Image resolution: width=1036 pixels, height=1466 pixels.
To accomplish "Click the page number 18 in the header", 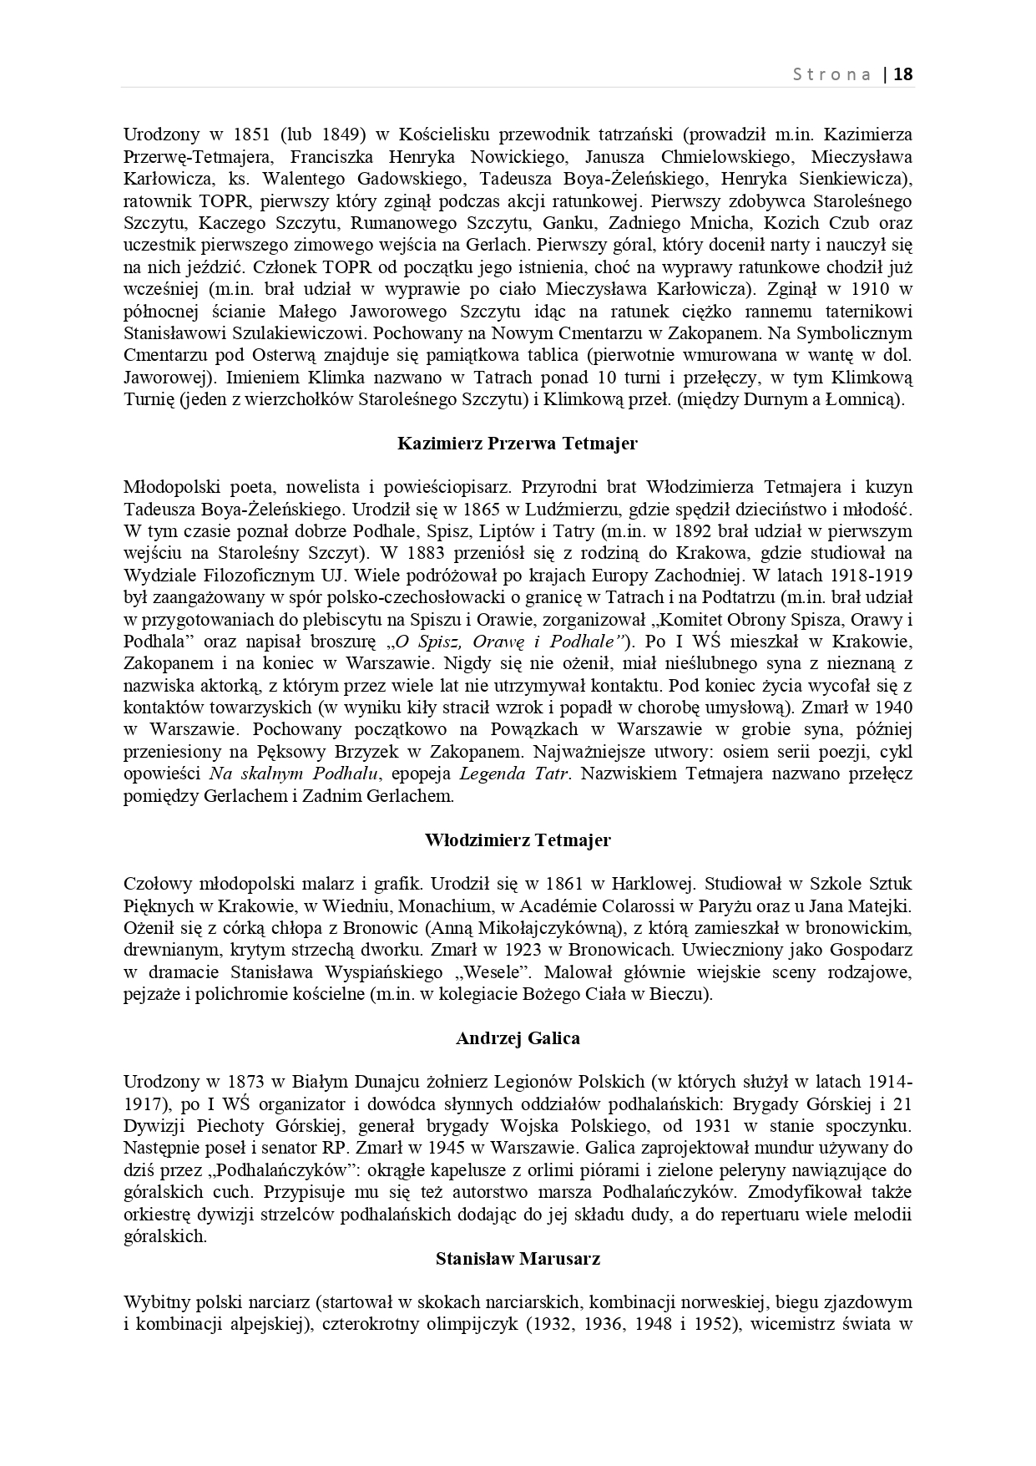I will coord(904,74).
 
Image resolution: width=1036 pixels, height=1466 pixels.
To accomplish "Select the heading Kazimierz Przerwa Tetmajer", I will coord(518,444).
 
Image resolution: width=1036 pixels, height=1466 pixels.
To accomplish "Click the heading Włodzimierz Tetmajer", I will coord(518,840).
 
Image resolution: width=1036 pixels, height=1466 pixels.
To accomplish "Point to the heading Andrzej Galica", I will coord(518,1038).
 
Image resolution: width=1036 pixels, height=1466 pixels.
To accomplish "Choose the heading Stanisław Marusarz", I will coord(518,1258).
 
